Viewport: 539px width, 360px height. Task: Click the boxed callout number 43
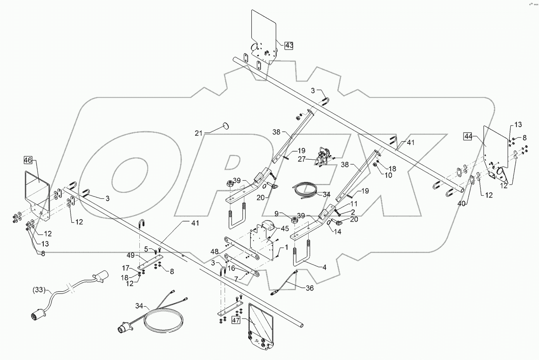click(x=289, y=45)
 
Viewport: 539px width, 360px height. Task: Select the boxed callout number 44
click(x=469, y=136)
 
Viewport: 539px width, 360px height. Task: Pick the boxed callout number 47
click(x=236, y=320)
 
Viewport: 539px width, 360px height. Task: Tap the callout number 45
click(x=285, y=229)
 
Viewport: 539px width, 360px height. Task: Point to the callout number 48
click(x=214, y=251)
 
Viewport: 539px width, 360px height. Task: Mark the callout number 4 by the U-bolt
click(x=324, y=267)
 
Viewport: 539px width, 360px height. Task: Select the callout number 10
click(x=388, y=175)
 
